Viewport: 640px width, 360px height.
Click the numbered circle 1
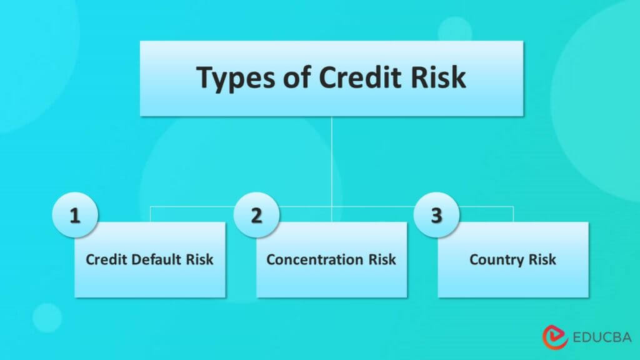pyautogui.click(x=75, y=216)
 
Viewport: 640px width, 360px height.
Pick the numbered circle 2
pyautogui.click(x=256, y=216)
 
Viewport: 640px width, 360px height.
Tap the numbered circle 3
pyautogui.click(x=436, y=216)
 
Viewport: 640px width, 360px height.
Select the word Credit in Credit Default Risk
pyautogui.click(x=103, y=259)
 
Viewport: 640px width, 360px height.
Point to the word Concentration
pyautogui.click(x=316, y=259)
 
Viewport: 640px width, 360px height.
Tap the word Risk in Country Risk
pyautogui.click(x=542, y=259)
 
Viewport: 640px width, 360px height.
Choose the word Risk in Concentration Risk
pyautogui.click(x=382, y=259)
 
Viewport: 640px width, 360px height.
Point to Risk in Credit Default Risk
pyautogui.click(x=200, y=259)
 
